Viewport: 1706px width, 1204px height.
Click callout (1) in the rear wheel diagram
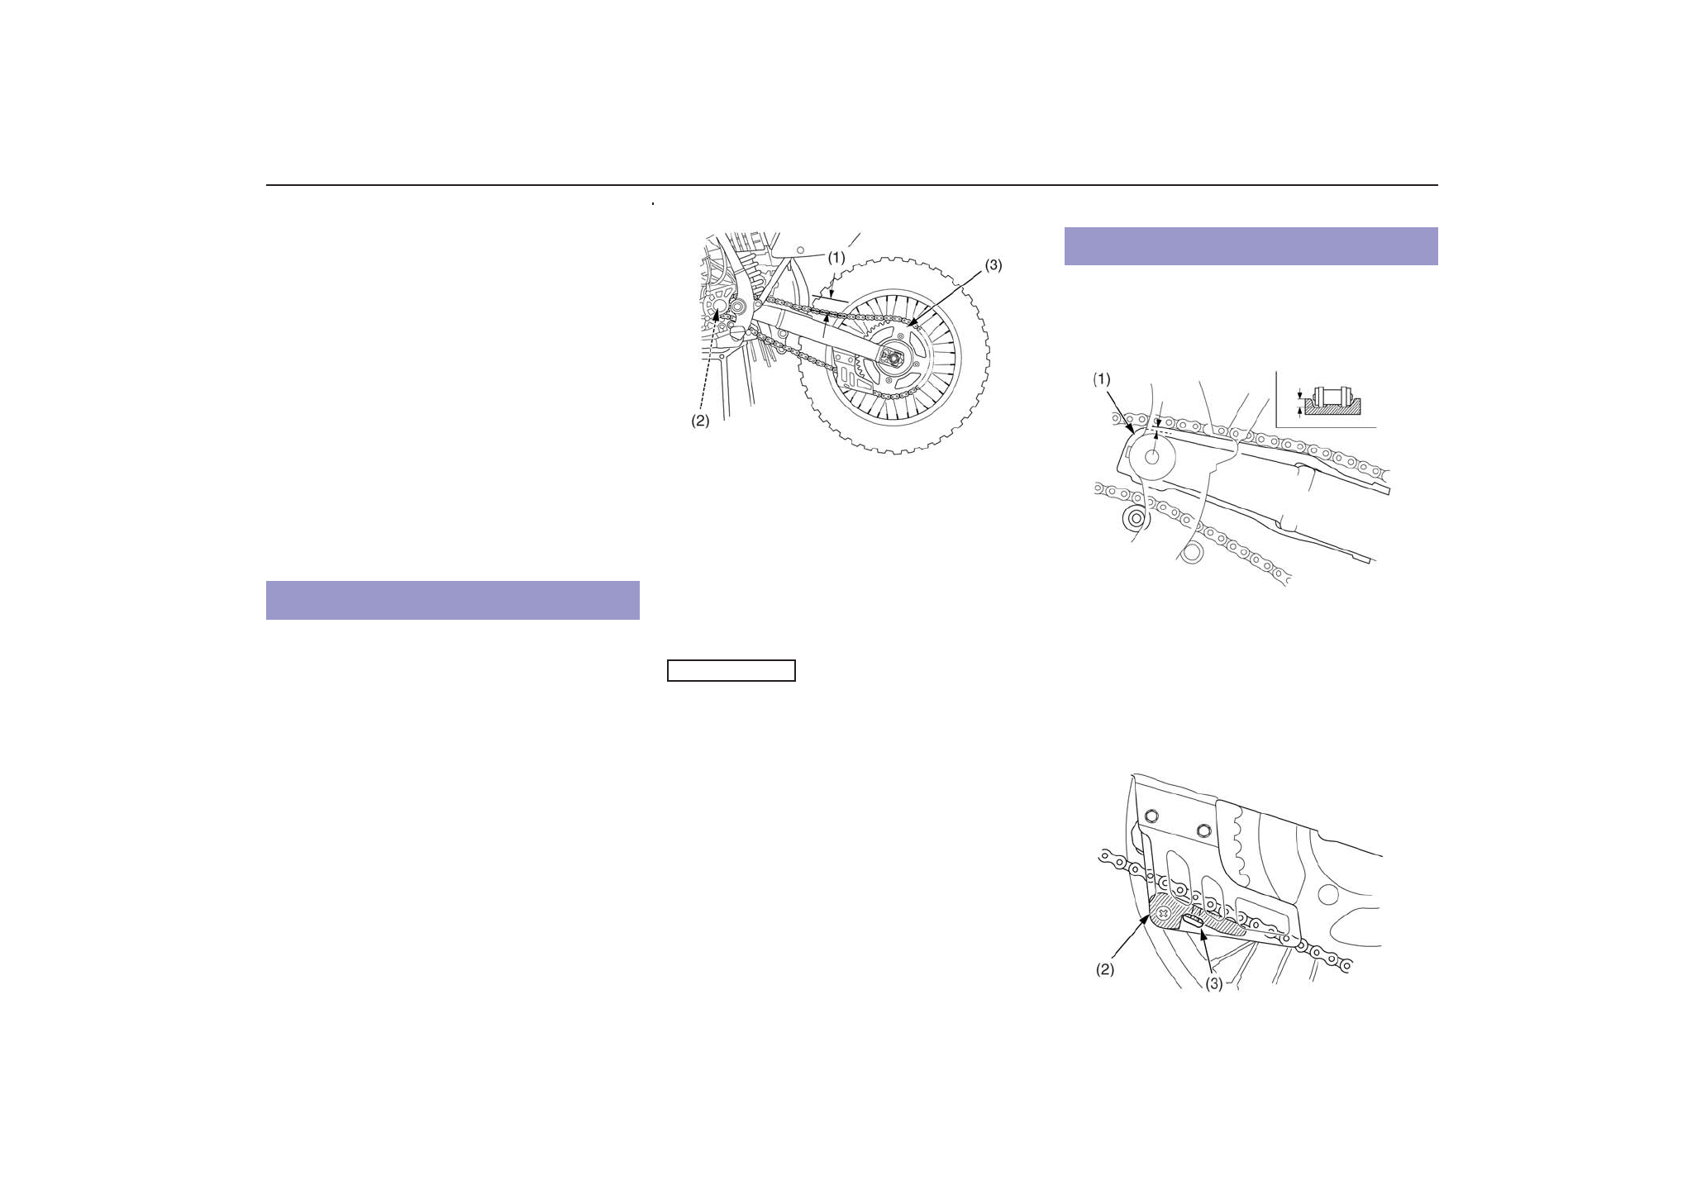[836, 257]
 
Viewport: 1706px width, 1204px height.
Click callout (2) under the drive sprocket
[700, 420]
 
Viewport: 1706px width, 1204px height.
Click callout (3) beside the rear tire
[992, 265]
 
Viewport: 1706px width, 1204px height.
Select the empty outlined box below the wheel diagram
[731, 670]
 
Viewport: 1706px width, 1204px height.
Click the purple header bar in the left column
[452, 600]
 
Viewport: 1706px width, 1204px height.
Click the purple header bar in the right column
[1251, 245]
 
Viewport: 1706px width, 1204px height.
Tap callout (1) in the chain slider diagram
[1102, 378]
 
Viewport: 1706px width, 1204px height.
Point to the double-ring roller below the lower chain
[1135, 520]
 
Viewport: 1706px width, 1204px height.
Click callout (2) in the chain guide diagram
[1105, 969]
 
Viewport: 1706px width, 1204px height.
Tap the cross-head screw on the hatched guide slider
[1165, 914]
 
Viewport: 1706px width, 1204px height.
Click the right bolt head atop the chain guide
[1203, 828]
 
